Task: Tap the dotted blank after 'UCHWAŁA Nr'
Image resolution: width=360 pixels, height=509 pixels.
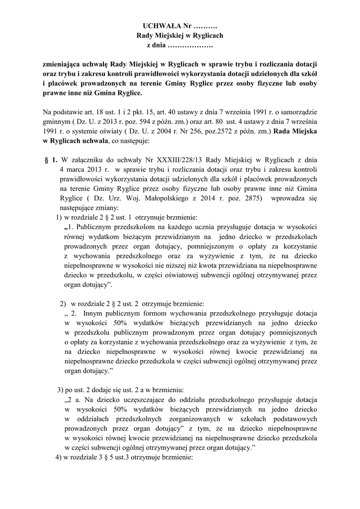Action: (x=205, y=25)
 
